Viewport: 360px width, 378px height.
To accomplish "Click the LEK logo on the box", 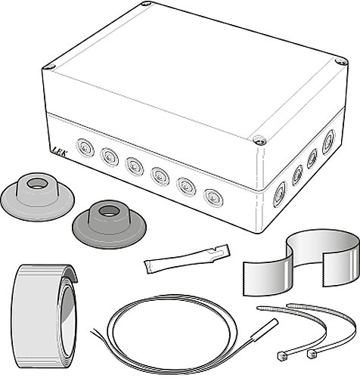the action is pyautogui.click(x=59, y=150).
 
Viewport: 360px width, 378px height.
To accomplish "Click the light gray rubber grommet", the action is pyautogui.click(x=38, y=197).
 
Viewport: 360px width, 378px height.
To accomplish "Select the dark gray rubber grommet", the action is pyautogui.click(x=109, y=225).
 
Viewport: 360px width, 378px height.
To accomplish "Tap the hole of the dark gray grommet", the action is pyautogui.click(x=108, y=211).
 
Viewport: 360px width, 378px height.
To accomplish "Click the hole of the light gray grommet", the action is pyautogui.click(x=37, y=183).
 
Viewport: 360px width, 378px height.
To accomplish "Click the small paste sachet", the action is pyautogui.click(x=187, y=259).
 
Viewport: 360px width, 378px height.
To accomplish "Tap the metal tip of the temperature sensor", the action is pyautogui.click(x=264, y=330).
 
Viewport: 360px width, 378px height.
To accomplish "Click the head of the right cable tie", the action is pyautogui.click(x=312, y=355).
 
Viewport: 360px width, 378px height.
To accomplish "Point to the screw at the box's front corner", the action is pyautogui.click(x=259, y=140).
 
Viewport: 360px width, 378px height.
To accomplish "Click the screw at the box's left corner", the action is pyautogui.click(x=49, y=67).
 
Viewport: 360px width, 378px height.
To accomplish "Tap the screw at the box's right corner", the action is pyautogui.click(x=341, y=61).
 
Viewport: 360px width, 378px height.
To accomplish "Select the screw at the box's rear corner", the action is pyautogui.click(x=146, y=4).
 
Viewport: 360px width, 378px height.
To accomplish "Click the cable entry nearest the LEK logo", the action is pyautogui.click(x=85, y=147).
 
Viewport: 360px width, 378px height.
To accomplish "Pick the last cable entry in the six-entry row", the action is pyautogui.click(x=213, y=197).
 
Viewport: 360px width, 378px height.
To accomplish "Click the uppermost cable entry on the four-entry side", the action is pyautogui.click(x=329, y=139).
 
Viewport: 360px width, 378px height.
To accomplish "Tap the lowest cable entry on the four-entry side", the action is pyautogui.click(x=280, y=194).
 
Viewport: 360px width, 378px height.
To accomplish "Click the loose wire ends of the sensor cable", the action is pyautogui.click(x=97, y=333).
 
